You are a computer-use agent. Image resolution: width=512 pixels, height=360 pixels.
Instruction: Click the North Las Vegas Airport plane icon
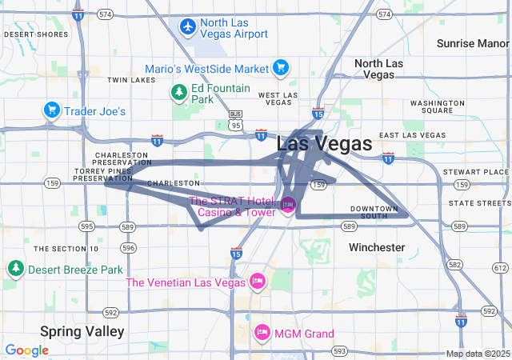point(188,27)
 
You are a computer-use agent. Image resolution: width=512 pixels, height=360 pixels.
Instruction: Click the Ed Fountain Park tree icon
point(178,94)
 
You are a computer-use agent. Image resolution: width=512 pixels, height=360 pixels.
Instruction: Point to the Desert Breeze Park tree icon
point(15,270)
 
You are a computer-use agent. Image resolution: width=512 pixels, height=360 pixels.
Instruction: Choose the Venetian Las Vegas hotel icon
point(258,282)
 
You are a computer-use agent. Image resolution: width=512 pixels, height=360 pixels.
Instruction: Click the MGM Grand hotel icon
point(262,333)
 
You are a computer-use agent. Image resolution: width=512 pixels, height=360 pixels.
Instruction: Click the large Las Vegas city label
point(324,145)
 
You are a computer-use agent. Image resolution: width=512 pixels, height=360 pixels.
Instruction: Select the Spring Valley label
point(82,331)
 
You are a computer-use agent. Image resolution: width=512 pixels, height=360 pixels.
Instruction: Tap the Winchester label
point(377,247)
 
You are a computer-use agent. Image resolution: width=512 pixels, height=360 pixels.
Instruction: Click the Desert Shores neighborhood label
point(36,34)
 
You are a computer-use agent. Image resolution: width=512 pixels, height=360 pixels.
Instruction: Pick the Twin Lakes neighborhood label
point(131,80)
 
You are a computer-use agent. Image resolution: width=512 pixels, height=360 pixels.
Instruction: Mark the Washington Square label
point(437,107)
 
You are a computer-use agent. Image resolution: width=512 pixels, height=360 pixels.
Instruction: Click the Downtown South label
point(374,212)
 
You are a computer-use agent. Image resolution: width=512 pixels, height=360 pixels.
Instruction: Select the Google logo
point(26,350)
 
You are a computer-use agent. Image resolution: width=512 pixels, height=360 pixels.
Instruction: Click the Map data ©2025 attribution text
point(477,354)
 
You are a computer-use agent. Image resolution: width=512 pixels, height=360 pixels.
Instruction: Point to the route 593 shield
point(340,351)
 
